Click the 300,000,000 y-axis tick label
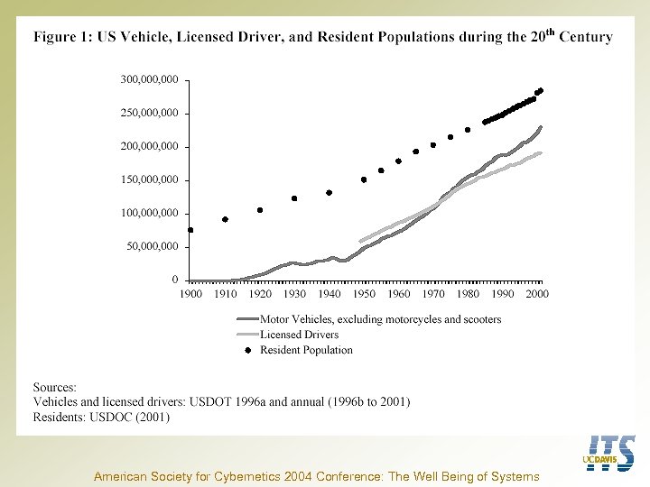(149, 79)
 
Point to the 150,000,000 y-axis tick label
(149, 179)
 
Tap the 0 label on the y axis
(174, 280)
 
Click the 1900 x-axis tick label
(190, 294)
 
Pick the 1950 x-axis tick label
(364, 294)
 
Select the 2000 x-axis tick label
(537, 294)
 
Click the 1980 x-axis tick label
(468, 294)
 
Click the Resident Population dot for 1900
(190, 230)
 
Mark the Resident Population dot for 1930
(294, 198)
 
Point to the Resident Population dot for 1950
(364, 179)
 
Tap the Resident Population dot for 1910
(226, 219)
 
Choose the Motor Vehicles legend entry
(379, 319)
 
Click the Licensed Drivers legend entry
(299, 335)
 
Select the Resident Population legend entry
(306, 350)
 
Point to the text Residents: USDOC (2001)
(101, 418)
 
